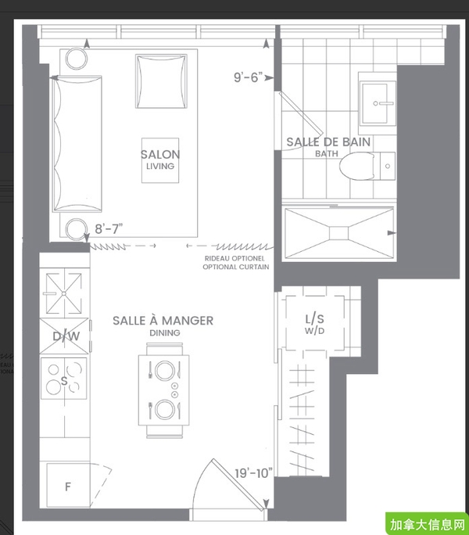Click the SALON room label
pos(160,155)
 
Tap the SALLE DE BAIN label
pos(328,142)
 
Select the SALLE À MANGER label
pos(163,321)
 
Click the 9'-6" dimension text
pos(249,77)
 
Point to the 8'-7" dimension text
pos(109,228)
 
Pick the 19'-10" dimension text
pos(253,473)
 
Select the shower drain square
pos(339,233)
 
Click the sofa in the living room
pos(77,144)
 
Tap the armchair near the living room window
pos(161,81)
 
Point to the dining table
pos(163,390)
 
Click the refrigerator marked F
pos(68,486)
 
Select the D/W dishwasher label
pos(66,336)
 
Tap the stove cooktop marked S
pos(64,378)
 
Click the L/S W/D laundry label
pos(314,324)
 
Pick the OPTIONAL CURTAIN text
pos(236,267)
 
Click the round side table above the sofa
pos(77,59)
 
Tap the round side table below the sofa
pos(76,229)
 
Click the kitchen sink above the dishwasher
pos(64,293)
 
